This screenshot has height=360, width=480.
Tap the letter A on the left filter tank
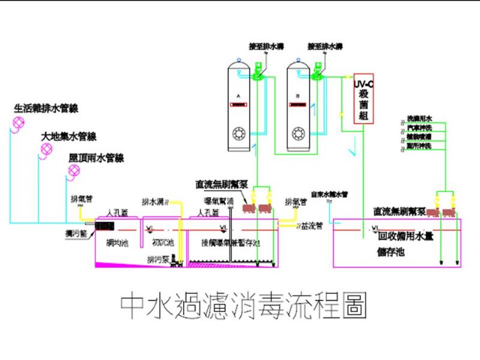point(239,96)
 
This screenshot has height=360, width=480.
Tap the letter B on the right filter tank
point(298,96)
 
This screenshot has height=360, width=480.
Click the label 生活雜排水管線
point(46,109)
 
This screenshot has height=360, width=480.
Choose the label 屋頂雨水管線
point(96,158)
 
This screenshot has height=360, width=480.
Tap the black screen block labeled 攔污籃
point(104,226)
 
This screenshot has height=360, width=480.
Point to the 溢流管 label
point(313,226)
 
